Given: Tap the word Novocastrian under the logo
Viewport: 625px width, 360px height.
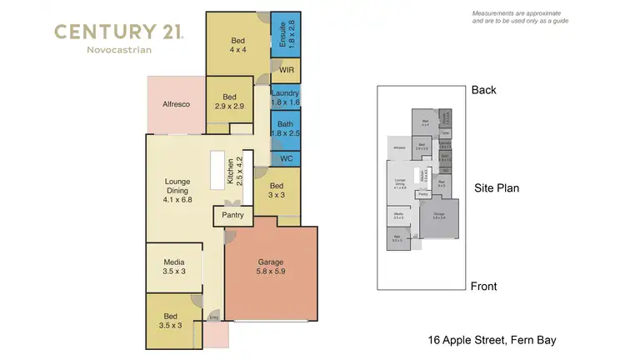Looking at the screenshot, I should [119, 51].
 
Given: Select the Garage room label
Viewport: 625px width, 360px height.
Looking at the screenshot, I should [272, 266].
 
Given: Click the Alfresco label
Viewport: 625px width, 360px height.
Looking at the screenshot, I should [176, 104].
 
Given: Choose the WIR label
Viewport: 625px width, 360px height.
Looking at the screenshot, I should [284, 71].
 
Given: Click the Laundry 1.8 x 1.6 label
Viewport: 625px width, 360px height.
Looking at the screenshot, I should [285, 97].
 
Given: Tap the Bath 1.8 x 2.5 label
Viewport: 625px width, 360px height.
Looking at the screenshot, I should [285, 129].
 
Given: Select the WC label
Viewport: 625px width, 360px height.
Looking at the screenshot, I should [284, 158].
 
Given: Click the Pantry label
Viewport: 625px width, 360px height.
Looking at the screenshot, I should [232, 216].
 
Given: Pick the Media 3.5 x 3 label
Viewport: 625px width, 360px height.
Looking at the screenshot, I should [174, 267].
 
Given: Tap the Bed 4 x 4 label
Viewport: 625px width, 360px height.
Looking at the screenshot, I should [238, 43].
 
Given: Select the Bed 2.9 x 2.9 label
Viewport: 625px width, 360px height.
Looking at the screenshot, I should [229, 102].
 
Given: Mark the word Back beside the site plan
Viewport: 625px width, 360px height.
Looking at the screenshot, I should [484, 90].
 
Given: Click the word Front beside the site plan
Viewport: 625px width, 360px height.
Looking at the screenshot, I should [484, 287].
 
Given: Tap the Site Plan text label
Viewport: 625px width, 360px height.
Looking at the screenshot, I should [497, 188].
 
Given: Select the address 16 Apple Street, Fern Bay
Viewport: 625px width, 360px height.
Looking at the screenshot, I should [492, 340].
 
